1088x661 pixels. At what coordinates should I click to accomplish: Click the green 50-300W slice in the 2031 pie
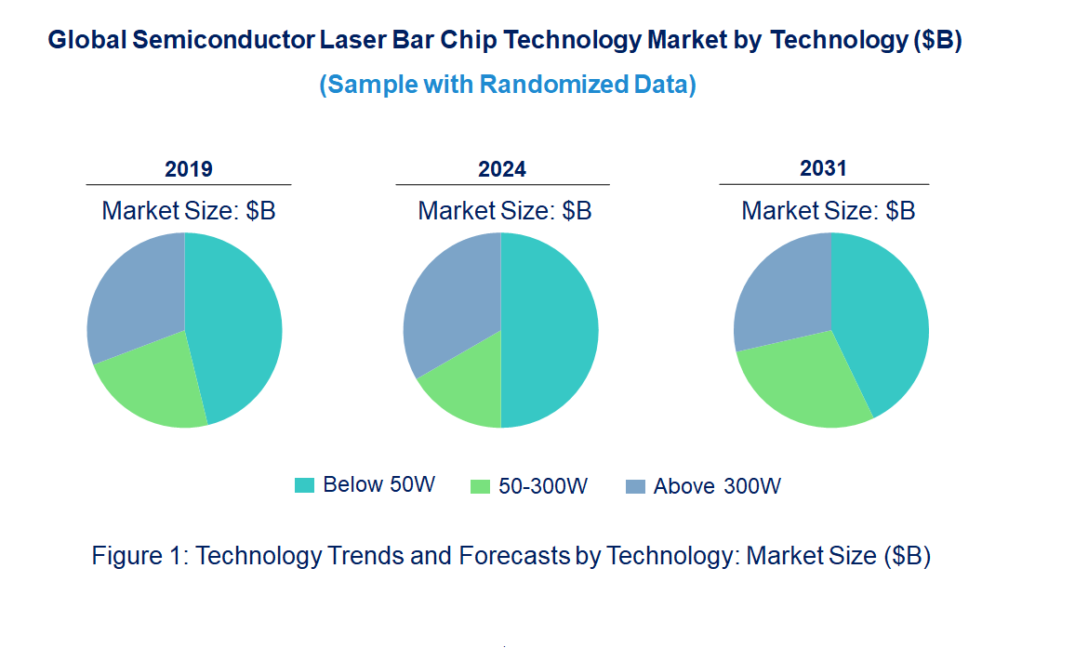pos(800,381)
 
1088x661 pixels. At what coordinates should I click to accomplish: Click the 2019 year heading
pos(189,169)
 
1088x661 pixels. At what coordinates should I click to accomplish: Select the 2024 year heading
pos(502,169)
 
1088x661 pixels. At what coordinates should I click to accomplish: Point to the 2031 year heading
pos(824,168)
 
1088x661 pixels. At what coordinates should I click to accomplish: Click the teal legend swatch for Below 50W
pos(304,484)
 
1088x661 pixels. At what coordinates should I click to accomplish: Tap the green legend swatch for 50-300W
pos(480,485)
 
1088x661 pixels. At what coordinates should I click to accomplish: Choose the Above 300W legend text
pos(716,486)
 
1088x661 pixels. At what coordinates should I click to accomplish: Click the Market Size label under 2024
pos(504,211)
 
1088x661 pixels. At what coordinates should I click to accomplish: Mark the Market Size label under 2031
pos(828,211)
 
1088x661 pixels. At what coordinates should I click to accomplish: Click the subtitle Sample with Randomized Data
pos(508,85)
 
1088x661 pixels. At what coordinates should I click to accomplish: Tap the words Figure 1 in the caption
pos(140,556)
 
